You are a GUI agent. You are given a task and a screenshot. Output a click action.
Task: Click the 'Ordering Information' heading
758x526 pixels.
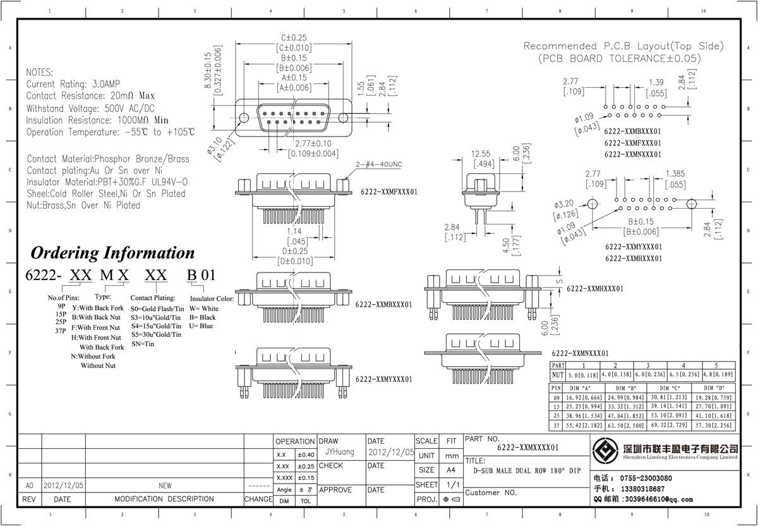[x=112, y=253]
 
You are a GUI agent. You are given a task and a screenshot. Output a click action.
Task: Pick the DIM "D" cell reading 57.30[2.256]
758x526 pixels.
[x=714, y=427]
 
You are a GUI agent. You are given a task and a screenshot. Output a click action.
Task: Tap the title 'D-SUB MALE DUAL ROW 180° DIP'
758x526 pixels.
[x=527, y=471]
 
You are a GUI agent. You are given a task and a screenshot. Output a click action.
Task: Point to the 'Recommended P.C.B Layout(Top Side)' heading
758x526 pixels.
[x=623, y=46]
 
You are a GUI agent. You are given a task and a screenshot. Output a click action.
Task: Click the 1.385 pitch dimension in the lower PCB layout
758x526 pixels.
[x=679, y=174]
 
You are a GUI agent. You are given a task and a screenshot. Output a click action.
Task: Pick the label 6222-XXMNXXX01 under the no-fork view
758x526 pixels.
[x=580, y=353]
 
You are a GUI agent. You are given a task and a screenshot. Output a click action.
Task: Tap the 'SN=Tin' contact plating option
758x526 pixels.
[x=143, y=344]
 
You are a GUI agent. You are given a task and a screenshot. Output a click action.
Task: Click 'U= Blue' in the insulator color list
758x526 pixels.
[x=202, y=326]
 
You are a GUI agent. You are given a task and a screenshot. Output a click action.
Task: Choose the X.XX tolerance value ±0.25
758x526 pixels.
[x=306, y=467]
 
